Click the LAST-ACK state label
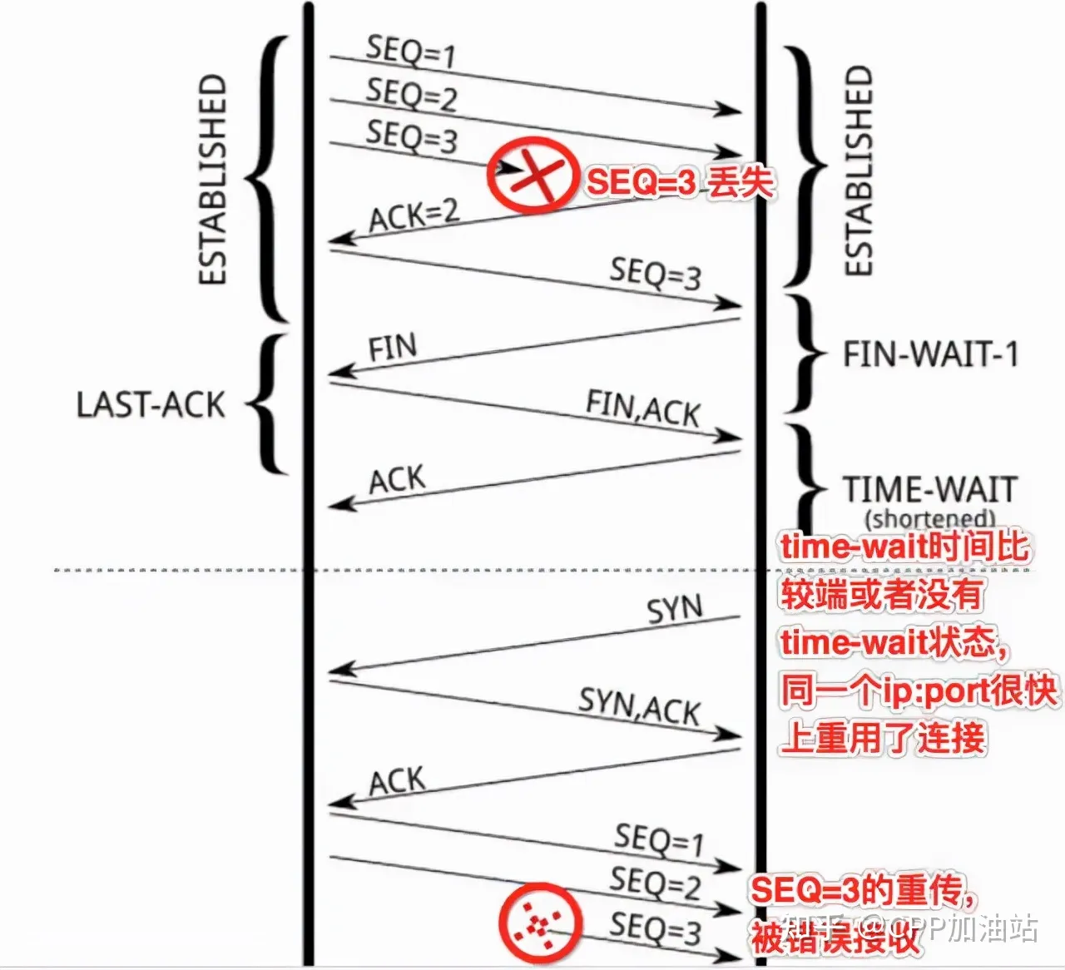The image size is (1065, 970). coord(151,405)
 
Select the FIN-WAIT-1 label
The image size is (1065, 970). coord(930,355)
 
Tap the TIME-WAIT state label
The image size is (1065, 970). coord(930,489)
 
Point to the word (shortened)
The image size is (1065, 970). coord(929,519)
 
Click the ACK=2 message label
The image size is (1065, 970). coord(414,215)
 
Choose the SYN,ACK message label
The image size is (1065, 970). coord(639,707)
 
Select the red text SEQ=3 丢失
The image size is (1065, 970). coord(680,182)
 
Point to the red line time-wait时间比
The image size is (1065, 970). coord(904,547)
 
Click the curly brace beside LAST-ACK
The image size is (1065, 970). coord(269,405)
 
